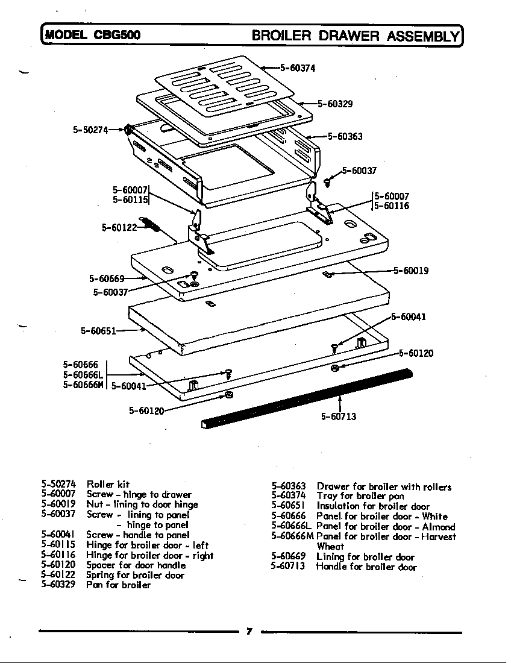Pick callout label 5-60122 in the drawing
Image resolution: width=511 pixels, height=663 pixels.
(x=119, y=227)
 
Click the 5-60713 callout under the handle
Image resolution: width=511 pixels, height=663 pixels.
(x=338, y=416)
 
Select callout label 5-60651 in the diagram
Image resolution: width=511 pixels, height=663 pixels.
(x=98, y=330)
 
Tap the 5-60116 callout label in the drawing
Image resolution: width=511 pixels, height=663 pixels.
(x=392, y=206)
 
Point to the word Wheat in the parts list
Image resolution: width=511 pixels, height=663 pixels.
(x=330, y=546)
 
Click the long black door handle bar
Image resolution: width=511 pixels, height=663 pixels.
(x=307, y=398)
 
